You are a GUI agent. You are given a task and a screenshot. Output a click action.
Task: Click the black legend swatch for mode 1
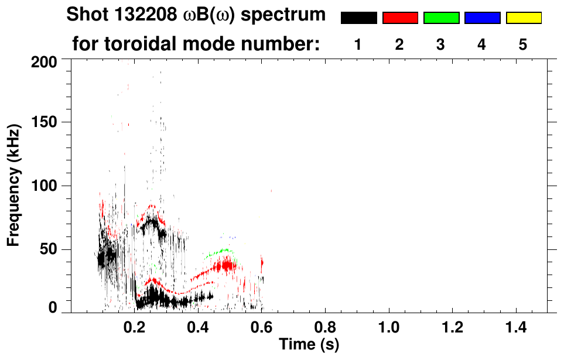pyautogui.click(x=358, y=18)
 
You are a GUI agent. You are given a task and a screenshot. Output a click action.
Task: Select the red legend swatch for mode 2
pyautogui.click(x=400, y=18)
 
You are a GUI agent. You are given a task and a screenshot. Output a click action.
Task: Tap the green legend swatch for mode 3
pyautogui.click(x=441, y=18)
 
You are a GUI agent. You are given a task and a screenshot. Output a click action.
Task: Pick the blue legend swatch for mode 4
pyautogui.click(x=482, y=18)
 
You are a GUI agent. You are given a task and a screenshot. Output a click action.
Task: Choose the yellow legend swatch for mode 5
pyautogui.click(x=523, y=18)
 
